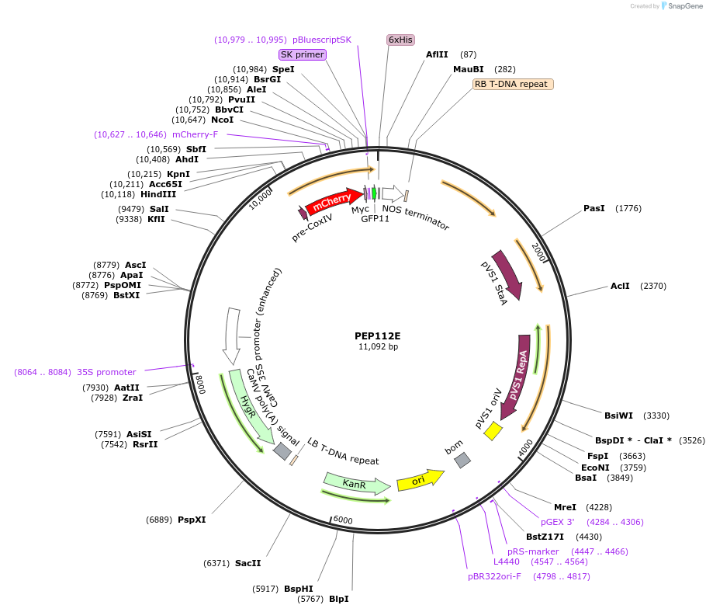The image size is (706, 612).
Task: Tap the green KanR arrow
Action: [x=356, y=484]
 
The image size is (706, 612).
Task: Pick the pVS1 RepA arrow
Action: [x=518, y=369]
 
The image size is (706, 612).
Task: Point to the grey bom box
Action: [x=462, y=460]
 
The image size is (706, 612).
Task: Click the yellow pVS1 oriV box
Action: [x=493, y=432]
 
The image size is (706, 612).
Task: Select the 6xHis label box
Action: [x=400, y=40]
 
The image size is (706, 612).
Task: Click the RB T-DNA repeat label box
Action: [x=513, y=84]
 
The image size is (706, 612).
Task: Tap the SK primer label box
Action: [x=302, y=54]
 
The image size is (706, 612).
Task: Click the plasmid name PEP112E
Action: [x=378, y=336]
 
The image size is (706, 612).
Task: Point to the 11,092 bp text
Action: [x=378, y=347]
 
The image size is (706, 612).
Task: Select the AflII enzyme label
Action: [x=437, y=54]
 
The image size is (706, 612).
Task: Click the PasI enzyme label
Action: [x=594, y=208]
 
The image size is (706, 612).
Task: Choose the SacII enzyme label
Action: [x=248, y=563]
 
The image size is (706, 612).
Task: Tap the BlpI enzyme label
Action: [x=339, y=599]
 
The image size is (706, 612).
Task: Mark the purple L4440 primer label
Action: [x=507, y=561]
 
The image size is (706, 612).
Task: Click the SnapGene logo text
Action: [x=685, y=5]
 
